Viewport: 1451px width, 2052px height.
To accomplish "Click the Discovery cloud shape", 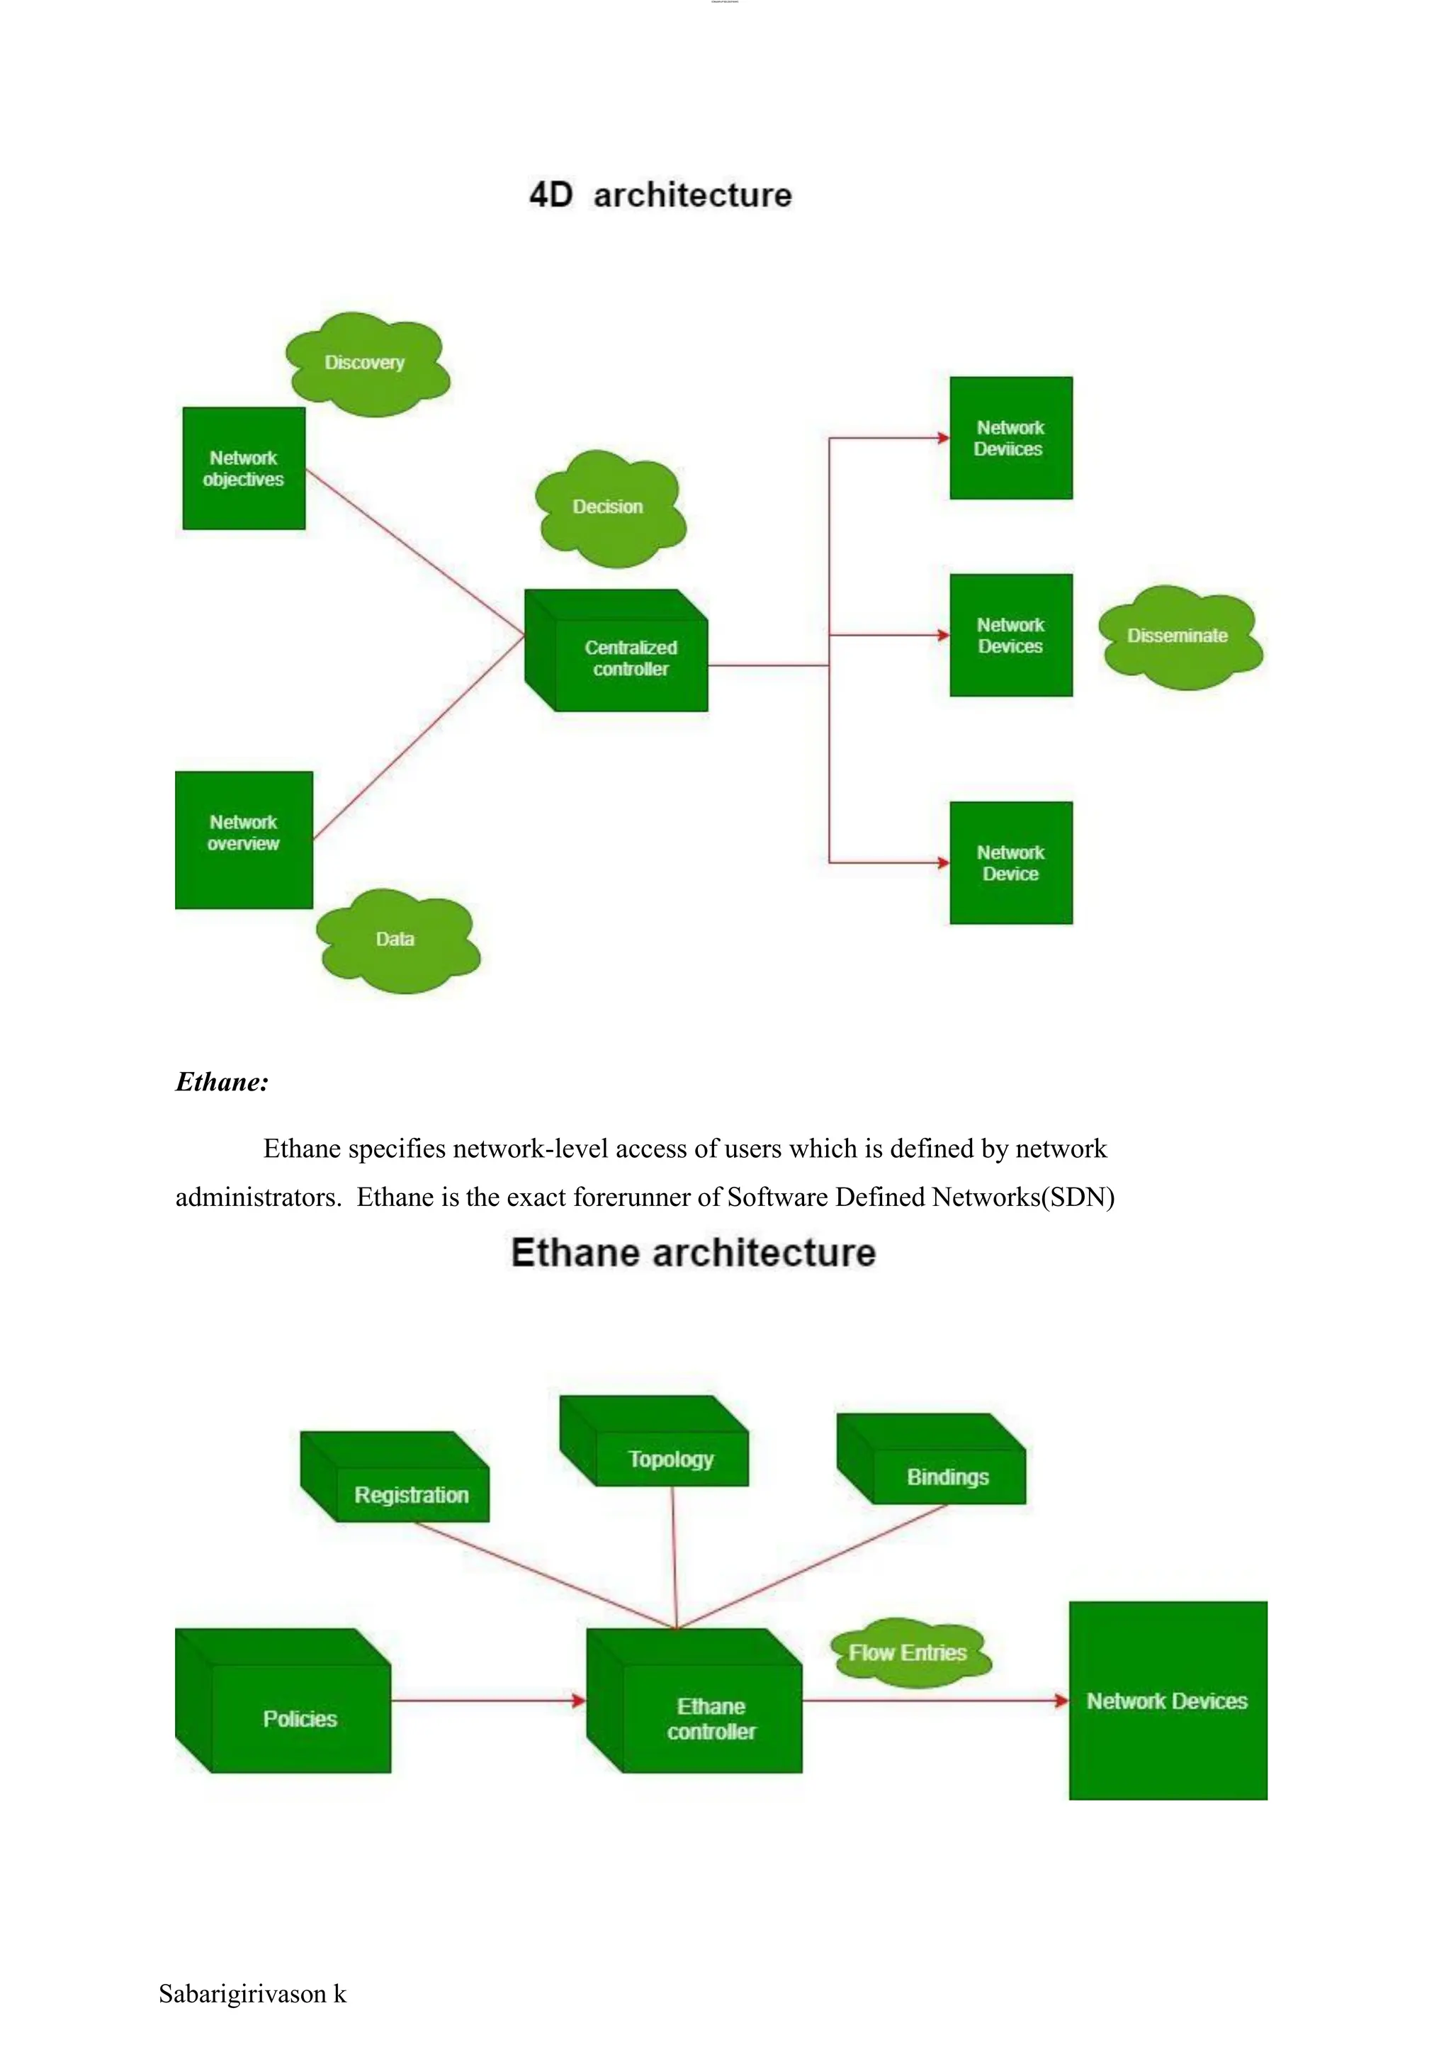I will point(366,363).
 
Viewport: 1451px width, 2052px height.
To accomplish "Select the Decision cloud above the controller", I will point(609,507).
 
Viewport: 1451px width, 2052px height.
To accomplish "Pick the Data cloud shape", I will point(397,940).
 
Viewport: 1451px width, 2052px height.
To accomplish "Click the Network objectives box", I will point(244,469).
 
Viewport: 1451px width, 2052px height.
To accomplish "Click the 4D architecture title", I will point(660,195).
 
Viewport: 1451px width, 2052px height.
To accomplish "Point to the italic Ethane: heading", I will point(222,1082).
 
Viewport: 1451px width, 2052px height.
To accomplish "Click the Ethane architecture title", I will point(694,1253).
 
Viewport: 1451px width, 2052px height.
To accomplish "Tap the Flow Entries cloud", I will point(909,1653).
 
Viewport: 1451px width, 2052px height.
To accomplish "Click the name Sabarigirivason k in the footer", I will point(252,1994).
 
